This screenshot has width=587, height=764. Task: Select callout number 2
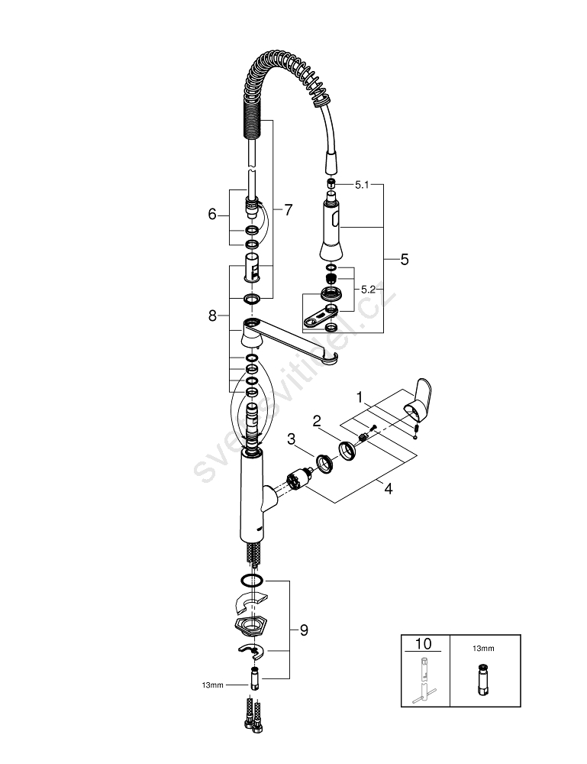[317, 420]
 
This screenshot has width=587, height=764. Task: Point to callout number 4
[389, 489]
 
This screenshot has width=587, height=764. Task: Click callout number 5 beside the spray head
[404, 260]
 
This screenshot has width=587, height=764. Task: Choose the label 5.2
[368, 290]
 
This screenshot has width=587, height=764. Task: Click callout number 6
[212, 215]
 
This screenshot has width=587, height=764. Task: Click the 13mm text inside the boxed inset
[483, 648]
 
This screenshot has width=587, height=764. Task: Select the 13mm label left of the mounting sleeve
[212, 685]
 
